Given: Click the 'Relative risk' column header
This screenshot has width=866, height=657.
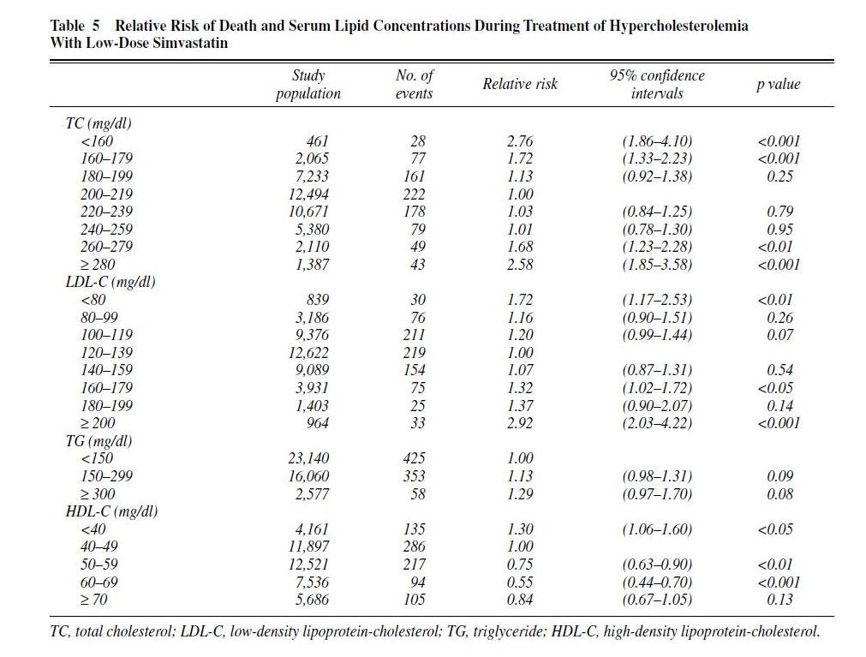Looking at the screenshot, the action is coord(520,84).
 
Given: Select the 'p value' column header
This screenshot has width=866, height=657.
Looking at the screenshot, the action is coord(778,84).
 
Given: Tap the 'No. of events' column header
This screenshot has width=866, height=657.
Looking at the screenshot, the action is coord(415,84).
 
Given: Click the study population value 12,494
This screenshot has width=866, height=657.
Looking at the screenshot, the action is coord(308,194).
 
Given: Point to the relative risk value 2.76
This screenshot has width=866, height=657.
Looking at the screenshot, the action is coord(520,141).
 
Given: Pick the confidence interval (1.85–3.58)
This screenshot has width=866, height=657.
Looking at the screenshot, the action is coord(657,265).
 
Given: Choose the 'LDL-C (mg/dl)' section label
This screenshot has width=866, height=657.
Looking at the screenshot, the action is coord(110,282).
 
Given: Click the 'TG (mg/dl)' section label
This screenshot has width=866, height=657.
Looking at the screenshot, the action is coord(99,440).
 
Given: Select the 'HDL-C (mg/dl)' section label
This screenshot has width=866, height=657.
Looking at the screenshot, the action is coord(111,511).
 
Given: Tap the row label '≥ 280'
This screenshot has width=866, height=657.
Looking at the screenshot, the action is coord(98,265).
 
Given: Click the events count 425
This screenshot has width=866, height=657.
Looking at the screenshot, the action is coord(415,458).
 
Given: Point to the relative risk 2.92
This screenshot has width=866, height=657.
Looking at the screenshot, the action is coord(520,423).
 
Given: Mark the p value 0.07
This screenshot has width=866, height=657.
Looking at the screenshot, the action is coord(779,335).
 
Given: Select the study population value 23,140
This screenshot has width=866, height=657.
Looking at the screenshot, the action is coord(308,458).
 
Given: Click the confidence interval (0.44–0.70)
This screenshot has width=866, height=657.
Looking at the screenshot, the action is coord(657,582).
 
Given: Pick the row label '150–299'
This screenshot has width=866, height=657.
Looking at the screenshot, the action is coord(106,476).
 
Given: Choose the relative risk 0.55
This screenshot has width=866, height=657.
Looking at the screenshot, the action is coord(520,582).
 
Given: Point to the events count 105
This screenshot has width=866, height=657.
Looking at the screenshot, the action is coord(415,600).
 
